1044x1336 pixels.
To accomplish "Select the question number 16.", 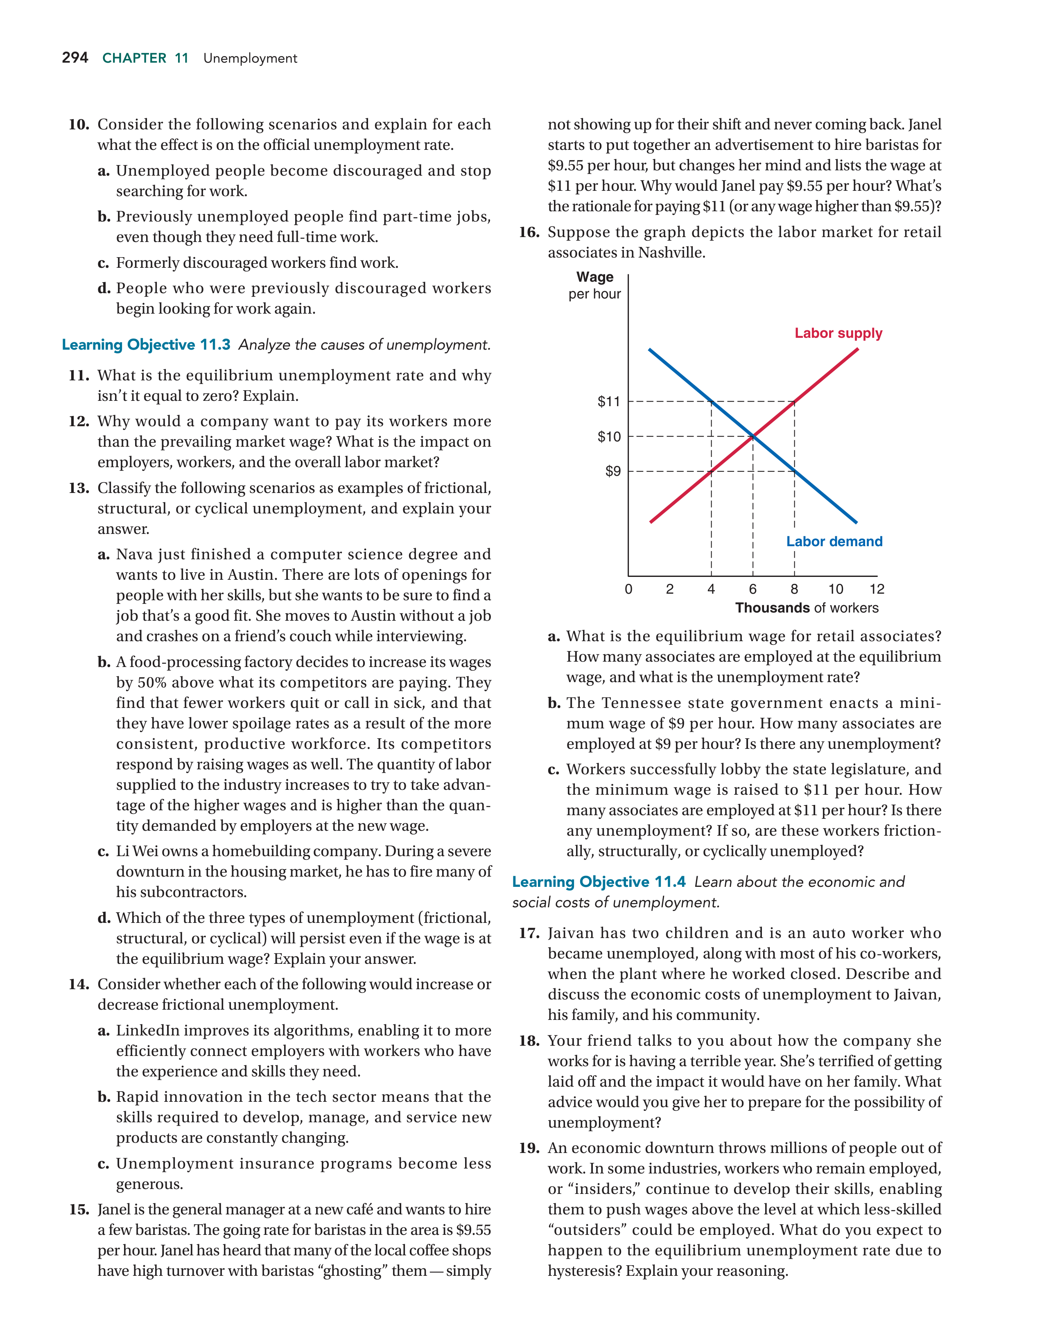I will pyautogui.click(x=529, y=233).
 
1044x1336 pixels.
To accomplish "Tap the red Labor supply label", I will pyautogui.click(x=838, y=333).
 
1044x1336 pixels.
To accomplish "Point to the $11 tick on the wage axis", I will pyautogui.click(x=609, y=402).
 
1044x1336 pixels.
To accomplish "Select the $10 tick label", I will pyautogui.click(x=609, y=437).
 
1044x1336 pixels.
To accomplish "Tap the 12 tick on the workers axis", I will pyautogui.click(x=877, y=589).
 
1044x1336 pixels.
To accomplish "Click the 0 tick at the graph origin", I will pyautogui.click(x=628, y=589).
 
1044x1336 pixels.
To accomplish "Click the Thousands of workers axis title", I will pyautogui.click(x=807, y=608).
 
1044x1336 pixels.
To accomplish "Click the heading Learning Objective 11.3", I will pyautogui.click(x=146, y=345).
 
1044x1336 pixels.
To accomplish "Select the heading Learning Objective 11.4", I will pyautogui.click(x=599, y=882).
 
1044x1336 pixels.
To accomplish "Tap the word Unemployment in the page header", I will pyautogui.click(x=250, y=59).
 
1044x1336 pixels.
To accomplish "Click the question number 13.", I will pyautogui.click(x=79, y=488).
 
